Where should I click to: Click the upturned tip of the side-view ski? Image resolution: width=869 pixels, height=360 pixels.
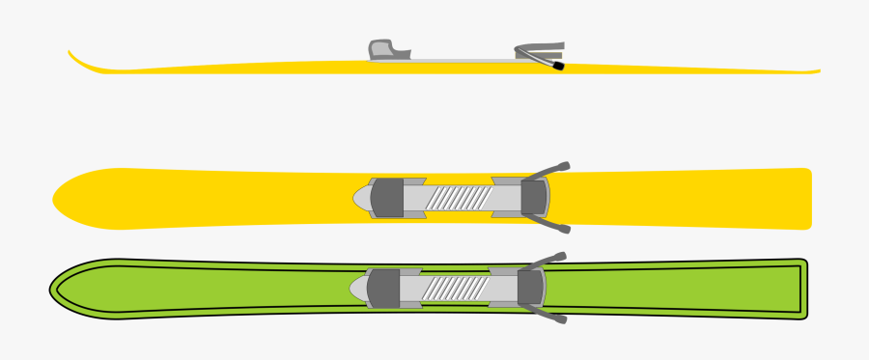(72, 55)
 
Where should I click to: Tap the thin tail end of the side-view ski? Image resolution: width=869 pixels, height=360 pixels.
(816, 70)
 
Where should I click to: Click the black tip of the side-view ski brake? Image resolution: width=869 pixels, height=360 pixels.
(558, 68)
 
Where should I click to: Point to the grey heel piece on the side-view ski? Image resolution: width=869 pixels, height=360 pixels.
(541, 49)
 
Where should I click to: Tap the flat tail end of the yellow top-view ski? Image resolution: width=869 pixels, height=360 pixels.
(807, 199)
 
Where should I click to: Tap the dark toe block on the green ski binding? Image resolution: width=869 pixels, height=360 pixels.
(384, 288)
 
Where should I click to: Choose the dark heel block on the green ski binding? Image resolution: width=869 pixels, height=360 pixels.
(530, 288)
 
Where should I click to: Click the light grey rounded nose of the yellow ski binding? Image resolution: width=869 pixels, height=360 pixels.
(361, 198)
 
